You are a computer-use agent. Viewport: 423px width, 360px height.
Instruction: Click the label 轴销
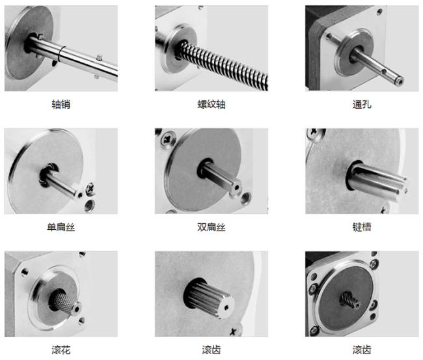[61, 104]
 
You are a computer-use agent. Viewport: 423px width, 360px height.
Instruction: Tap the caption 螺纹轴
[211, 104]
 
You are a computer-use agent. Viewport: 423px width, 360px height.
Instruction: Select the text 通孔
[362, 104]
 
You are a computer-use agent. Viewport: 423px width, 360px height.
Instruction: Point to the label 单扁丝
[61, 227]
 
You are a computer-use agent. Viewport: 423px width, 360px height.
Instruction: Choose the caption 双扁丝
[211, 227]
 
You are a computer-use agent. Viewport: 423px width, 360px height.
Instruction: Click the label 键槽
[362, 227]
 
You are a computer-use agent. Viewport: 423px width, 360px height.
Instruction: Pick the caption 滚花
[61, 350]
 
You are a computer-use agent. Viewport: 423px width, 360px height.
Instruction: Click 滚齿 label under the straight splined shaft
[211, 350]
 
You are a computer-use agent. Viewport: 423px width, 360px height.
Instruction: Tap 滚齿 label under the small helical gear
[362, 350]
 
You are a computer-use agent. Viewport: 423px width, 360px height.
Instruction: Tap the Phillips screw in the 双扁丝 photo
[168, 139]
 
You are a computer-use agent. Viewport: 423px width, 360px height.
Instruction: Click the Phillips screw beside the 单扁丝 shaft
[90, 188]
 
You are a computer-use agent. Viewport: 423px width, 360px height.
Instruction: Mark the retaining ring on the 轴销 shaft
[62, 53]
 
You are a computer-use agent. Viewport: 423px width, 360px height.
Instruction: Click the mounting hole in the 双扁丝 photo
[246, 198]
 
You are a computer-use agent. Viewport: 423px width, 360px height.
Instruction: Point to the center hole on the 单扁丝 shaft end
[80, 195]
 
